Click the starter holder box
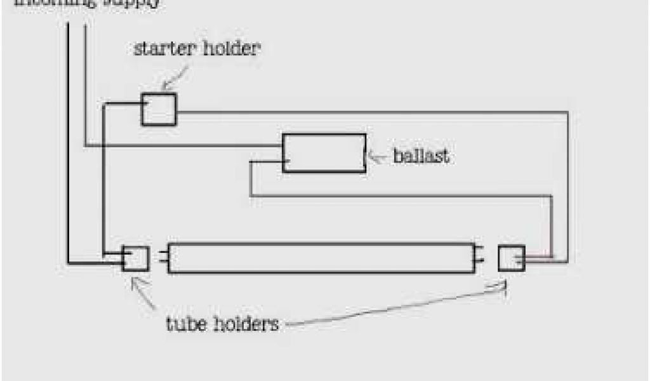click(x=158, y=109)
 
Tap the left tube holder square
click(x=136, y=258)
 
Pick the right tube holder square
click(x=511, y=258)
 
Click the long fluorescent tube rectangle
click(x=321, y=258)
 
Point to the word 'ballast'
click(x=421, y=156)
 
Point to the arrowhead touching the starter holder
click(x=164, y=86)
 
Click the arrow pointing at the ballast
click(x=378, y=157)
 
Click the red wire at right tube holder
click(x=538, y=257)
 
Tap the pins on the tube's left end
click(x=163, y=258)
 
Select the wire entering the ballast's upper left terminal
click(x=184, y=147)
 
